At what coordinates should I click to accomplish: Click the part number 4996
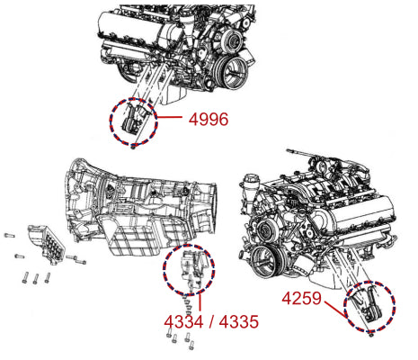(209, 119)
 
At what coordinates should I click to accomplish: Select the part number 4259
(302, 299)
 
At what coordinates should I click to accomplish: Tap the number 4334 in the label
(183, 322)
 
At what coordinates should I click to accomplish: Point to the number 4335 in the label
(239, 322)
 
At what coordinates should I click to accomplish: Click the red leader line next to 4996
(169, 117)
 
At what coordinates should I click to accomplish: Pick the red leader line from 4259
(335, 310)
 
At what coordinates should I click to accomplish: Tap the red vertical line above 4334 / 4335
(200, 303)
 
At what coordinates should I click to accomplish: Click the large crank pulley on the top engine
(232, 72)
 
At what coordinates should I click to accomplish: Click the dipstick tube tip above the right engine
(289, 150)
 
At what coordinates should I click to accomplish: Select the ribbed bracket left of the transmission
(47, 245)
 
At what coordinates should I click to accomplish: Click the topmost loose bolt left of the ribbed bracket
(9, 235)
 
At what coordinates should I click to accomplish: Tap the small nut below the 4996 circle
(134, 146)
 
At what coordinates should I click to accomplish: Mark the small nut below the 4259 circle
(371, 334)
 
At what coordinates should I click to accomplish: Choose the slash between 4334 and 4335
(211, 322)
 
